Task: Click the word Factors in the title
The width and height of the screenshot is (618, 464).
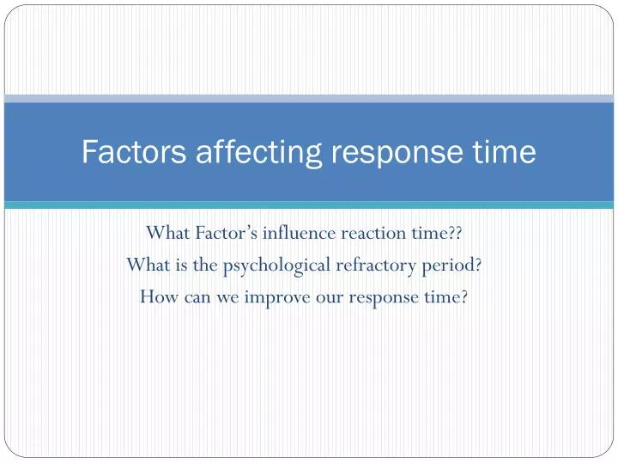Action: (134, 151)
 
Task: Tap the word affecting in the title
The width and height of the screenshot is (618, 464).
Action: (259, 154)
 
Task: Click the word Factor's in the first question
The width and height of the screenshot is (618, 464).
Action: (227, 233)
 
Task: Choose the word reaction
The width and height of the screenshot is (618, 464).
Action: (373, 234)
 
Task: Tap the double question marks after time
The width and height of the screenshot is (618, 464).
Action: (455, 233)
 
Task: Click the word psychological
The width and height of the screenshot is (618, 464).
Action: (276, 266)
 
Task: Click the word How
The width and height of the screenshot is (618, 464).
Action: (159, 296)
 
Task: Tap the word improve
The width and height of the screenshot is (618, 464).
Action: (277, 298)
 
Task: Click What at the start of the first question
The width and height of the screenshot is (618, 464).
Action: (168, 233)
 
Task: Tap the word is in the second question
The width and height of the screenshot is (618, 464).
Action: (182, 265)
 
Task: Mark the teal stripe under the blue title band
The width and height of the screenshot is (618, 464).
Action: (309, 205)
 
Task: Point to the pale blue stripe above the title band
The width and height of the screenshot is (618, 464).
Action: (309, 99)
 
